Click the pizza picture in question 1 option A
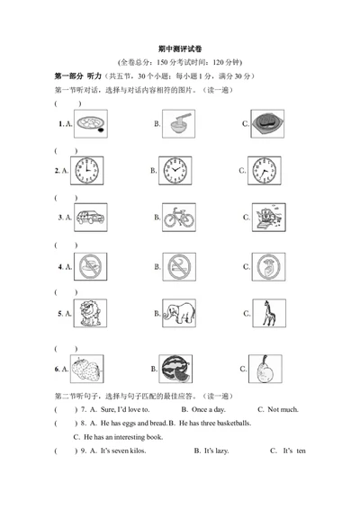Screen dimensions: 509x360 92,123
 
